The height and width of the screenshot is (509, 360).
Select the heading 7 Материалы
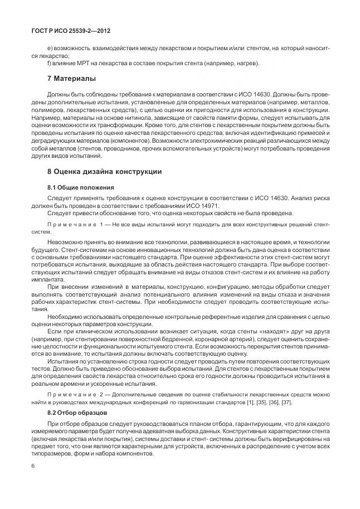71,77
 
